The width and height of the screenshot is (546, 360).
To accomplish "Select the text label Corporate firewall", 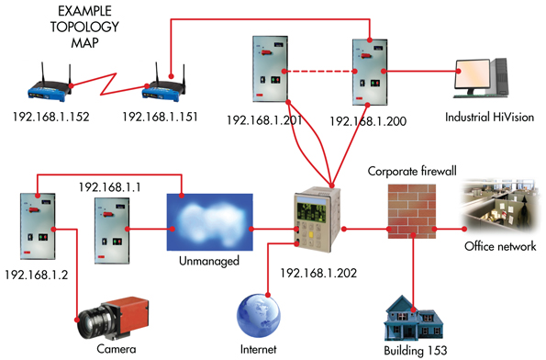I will point(412,172).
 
